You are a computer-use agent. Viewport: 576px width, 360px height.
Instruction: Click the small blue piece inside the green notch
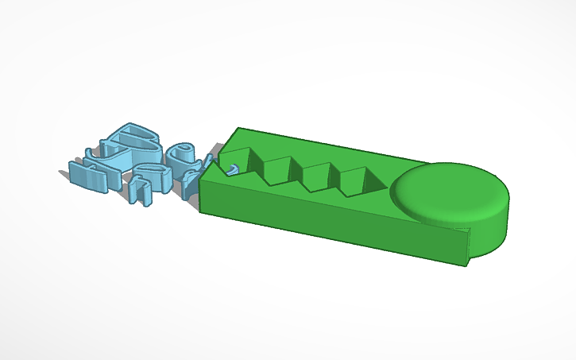233,168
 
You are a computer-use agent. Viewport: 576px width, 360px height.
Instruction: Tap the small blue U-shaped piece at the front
141,191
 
